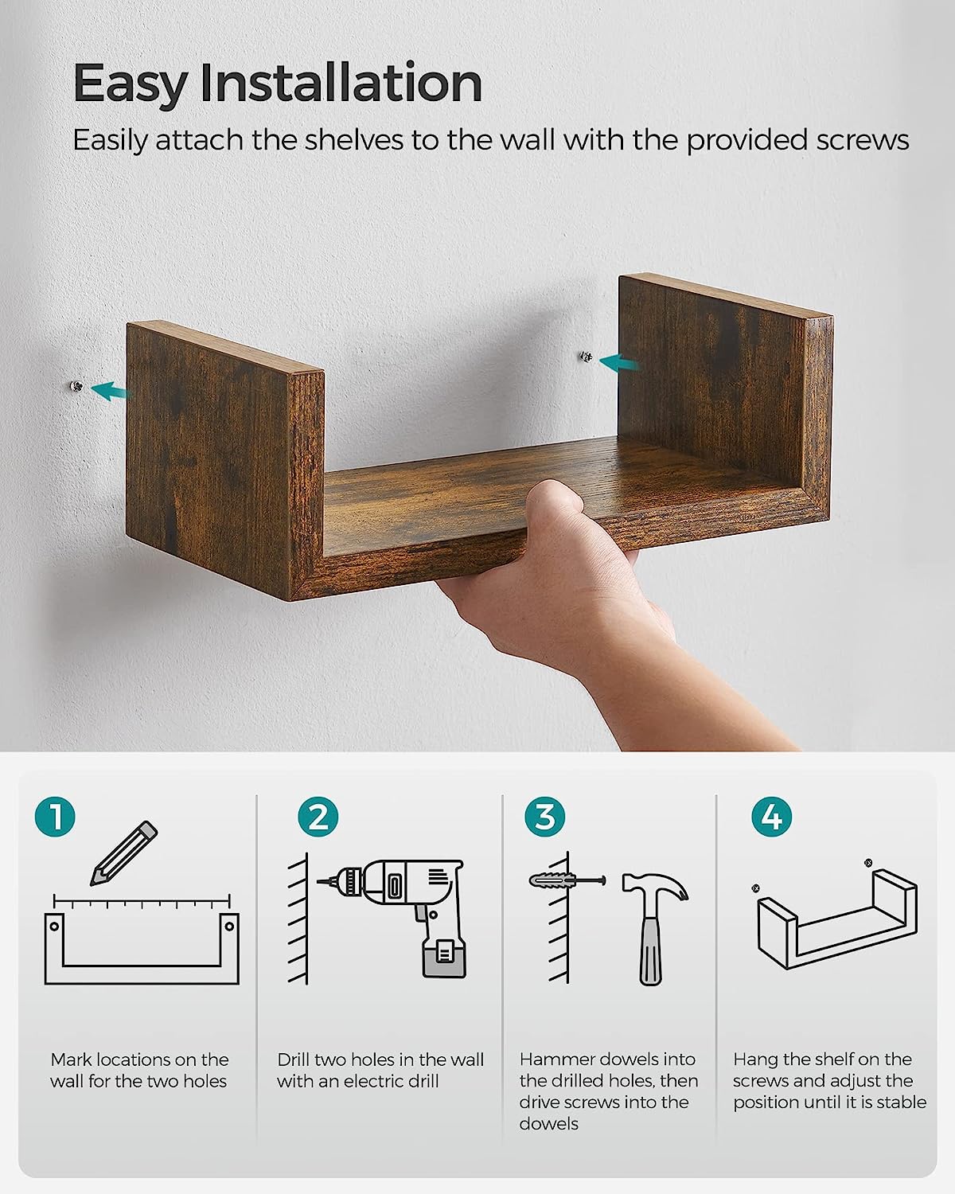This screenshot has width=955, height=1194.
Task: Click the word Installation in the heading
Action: [341, 83]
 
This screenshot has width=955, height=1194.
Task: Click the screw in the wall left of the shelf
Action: [76, 386]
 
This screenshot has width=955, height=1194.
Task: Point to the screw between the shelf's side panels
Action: [586, 356]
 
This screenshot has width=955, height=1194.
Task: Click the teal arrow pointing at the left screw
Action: [111, 391]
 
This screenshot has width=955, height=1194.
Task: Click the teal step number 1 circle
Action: [55, 817]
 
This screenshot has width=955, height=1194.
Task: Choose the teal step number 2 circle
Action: [318, 817]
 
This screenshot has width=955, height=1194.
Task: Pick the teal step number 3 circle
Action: [545, 817]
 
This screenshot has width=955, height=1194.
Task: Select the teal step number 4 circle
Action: [772, 817]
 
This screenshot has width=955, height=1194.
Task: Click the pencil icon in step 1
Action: [123, 853]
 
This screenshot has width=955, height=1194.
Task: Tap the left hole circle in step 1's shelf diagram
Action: [54, 926]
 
